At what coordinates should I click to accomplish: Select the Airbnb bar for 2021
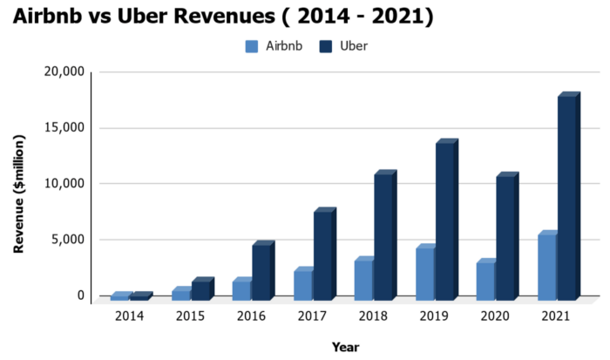click(x=547, y=267)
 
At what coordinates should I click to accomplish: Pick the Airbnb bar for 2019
click(x=425, y=273)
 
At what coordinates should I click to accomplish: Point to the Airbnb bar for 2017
click(x=302, y=284)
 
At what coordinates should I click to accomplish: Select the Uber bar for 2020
click(x=506, y=237)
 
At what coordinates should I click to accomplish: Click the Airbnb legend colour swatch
click(x=252, y=46)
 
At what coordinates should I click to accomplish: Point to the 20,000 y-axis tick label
click(x=64, y=72)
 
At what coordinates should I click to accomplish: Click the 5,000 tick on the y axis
click(x=68, y=240)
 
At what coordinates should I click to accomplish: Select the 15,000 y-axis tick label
click(x=64, y=128)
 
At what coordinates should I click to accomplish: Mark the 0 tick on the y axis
click(x=81, y=295)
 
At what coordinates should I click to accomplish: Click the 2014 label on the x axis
click(x=129, y=315)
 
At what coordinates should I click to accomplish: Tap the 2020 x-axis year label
click(x=495, y=315)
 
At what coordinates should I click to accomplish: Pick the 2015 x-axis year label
click(x=190, y=315)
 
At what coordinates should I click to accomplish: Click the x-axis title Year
click(x=345, y=347)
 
